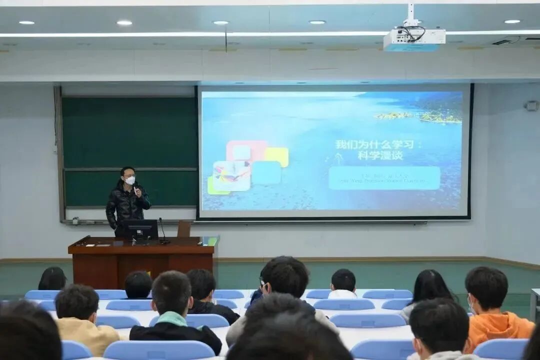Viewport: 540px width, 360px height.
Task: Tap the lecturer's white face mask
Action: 130,180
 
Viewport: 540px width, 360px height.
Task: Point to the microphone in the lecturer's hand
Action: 135,189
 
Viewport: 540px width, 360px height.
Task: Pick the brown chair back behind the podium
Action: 184,228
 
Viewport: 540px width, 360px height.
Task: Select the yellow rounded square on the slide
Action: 277,157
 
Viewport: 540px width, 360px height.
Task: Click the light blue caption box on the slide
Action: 384,178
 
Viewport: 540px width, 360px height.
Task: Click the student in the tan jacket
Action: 82,322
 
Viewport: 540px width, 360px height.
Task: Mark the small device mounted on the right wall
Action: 531,106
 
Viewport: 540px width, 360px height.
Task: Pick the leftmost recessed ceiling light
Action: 26,22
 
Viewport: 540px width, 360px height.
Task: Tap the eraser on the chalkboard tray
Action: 75,220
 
